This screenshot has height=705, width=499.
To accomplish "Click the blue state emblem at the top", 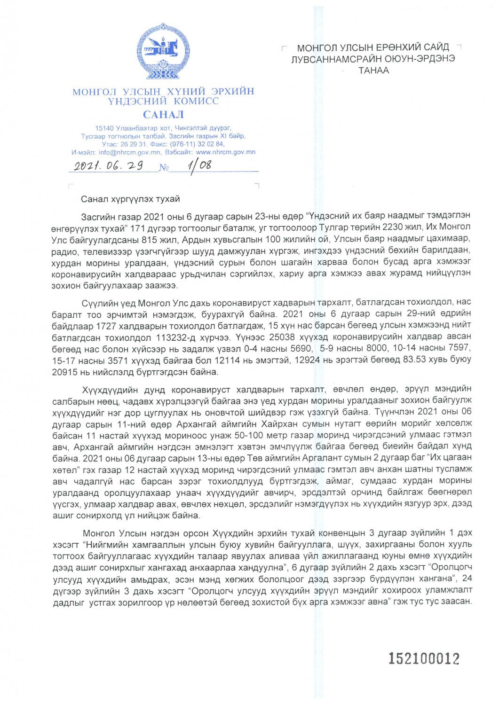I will click(x=163, y=51).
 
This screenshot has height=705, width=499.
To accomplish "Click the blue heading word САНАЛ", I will click(x=163, y=114).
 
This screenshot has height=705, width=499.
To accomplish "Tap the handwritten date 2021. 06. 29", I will click(x=109, y=165).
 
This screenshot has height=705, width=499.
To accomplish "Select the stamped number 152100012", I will click(x=423, y=658).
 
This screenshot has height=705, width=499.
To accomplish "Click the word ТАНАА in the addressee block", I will click(x=373, y=70).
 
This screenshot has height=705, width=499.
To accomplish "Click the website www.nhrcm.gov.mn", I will click(x=226, y=152).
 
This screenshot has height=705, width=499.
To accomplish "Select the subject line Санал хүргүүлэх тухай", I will click(x=130, y=199).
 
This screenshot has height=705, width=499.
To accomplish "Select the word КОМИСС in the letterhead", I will click(x=196, y=101).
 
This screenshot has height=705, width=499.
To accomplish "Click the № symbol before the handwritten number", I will click(x=164, y=168).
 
